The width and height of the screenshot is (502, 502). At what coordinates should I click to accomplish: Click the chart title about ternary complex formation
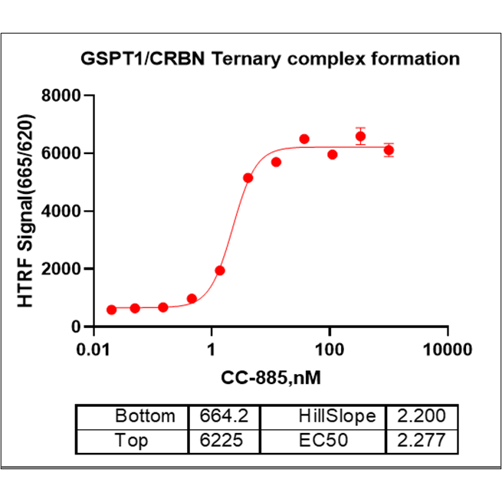pyautogui.click(x=271, y=59)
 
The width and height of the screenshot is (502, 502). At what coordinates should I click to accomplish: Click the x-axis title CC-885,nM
pyautogui.click(x=271, y=378)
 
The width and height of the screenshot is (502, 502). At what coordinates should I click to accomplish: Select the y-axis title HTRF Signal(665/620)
pyautogui.click(x=28, y=211)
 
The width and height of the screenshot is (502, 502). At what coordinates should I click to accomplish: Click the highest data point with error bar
pyautogui.click(x=361, y=136)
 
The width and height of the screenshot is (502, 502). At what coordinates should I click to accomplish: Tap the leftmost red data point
pyautogui.click(x=112, y=310)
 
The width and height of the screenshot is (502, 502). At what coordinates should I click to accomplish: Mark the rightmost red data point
pyautogui.click(x=389, y=149)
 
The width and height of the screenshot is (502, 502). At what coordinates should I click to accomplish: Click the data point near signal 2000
pyautogui.click(x=220, y=271)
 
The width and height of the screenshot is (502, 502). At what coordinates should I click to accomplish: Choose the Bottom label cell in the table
pyautogui.click(x=144, y=417)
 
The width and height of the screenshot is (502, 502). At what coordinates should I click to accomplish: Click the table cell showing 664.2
pyautogui.click(x=225, y=417)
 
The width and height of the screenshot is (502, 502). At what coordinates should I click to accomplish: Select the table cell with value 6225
pyautogui.click(x=225, y=442)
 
